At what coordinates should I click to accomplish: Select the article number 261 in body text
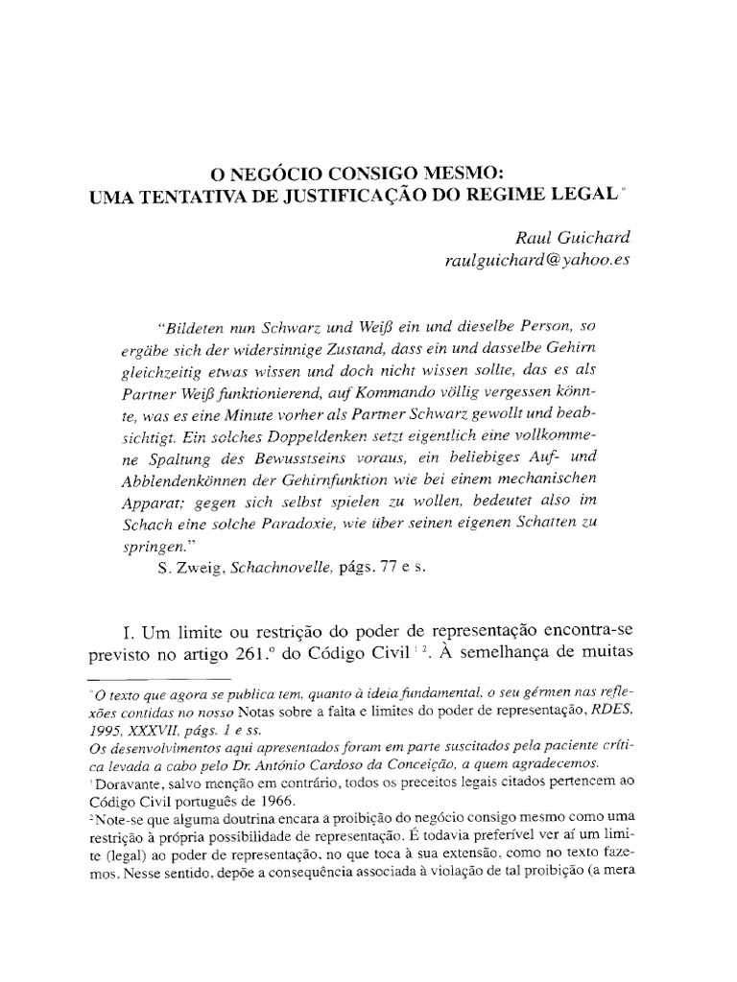(x=284, y=657)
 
